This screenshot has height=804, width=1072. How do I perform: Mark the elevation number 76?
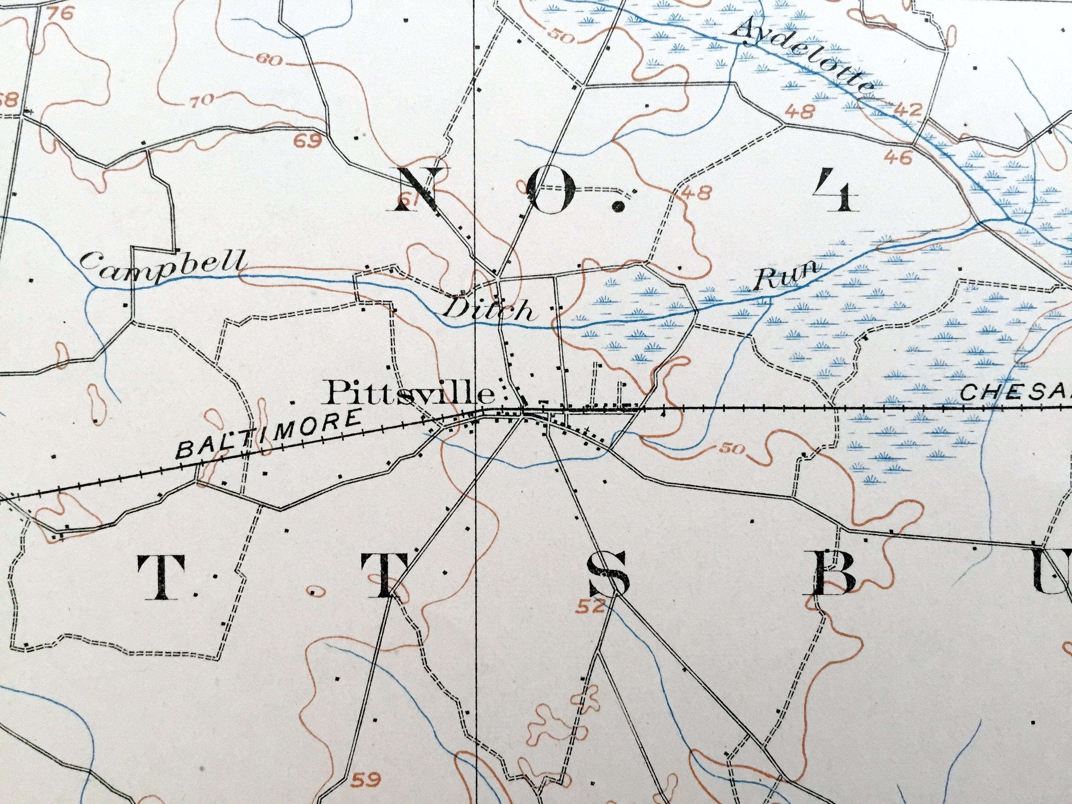61,13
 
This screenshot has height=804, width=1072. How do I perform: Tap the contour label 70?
200,100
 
